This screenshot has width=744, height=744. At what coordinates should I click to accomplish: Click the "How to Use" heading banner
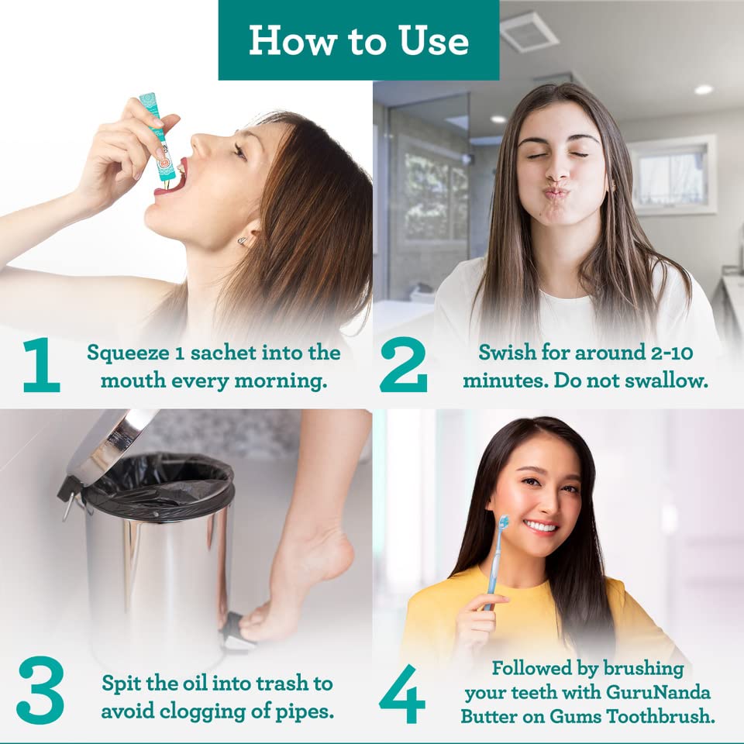358,40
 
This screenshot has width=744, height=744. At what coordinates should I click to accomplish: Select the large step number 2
403,365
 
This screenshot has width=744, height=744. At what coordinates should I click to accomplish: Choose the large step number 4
402,691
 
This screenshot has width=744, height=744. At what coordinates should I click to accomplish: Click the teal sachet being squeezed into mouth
157,136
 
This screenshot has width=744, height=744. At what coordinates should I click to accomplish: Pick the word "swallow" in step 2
673,381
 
